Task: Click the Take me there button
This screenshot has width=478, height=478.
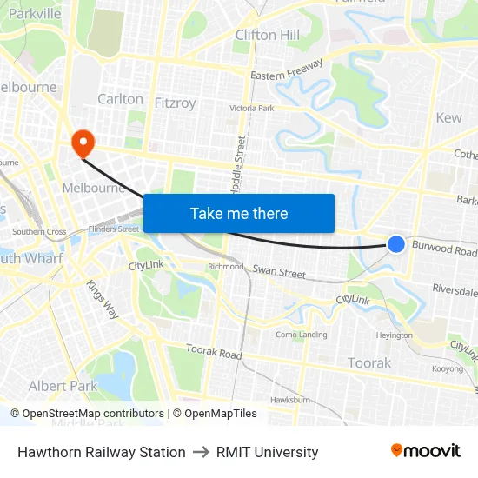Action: click(x=239, y=213)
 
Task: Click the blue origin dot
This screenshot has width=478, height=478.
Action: click(x=395, y=244)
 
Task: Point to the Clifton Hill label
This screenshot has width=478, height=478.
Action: click(x=268, y=35)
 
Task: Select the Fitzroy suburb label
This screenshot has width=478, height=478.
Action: click(x=175, y=103)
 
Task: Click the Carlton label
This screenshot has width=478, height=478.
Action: click(x=120, y=99)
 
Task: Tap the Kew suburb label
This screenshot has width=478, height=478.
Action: click(x=449, y=117)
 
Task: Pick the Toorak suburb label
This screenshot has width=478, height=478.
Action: click(x=369, y=362)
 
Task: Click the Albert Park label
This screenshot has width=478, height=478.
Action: click(x=63, y=386)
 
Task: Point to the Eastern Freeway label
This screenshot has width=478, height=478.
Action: click(x=287, y=70)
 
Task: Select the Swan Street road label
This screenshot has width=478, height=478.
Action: click(x=279, y=272)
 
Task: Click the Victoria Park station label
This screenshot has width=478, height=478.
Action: click(x=251, y=109)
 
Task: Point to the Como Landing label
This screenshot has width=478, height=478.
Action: click(x=301, y=335)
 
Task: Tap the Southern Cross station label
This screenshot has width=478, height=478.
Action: click(x=39, y=232)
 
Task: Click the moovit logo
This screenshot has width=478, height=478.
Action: click(x=426, y=451)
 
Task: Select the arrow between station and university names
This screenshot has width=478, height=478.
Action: click(x=201, y=452)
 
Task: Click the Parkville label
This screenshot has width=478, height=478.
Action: click(x=35, y=13)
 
